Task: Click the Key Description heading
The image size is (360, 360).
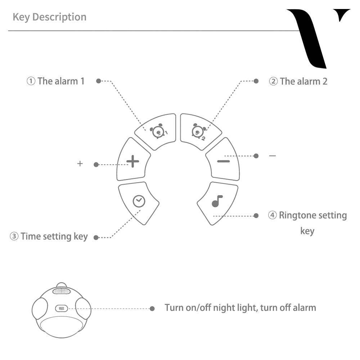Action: [x=49, y=17]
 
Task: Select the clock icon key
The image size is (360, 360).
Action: [x=139, y=202]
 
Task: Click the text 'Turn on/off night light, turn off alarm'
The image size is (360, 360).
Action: [x=240, y=308]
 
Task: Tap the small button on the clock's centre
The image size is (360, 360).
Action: [x=62, y=309]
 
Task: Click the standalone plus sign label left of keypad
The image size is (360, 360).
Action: [x=80, y=164]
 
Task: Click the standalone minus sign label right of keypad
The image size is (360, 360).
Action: [x=273, y=156]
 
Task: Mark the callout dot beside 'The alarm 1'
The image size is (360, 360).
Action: [x=98, y=81]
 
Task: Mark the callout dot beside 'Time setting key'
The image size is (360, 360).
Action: [x=96, y=237]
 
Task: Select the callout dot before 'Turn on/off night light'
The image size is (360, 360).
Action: [x=152, y=309]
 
